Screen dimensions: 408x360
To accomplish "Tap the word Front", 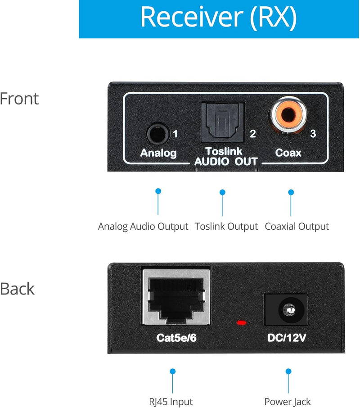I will coord(19,99).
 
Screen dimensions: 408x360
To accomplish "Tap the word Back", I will coord(17,289).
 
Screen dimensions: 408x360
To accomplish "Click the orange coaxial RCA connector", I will coord(288,118).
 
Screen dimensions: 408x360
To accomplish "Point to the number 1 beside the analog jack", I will coord(175,134).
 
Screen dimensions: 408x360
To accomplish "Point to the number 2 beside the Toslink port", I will coord(252,134).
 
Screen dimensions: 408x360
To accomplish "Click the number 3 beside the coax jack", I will coord(314,134).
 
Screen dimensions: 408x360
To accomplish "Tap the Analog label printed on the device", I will coord(158,153).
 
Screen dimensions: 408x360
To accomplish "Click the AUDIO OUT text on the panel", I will coord(226,162).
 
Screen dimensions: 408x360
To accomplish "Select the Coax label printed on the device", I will coord(288,153).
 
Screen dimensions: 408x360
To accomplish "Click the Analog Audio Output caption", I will coord(143,227).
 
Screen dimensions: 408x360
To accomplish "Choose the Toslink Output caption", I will coord(226,227).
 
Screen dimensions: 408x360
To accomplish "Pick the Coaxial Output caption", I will coord(297,227).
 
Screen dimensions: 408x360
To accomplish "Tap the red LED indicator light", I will coord(242,322).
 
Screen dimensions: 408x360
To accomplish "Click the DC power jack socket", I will coord(286,309).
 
